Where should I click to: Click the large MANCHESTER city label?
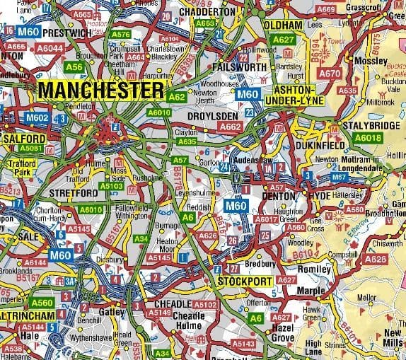[100, 91]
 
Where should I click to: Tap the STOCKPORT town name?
[245, 281]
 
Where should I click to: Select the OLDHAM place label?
[283, 25]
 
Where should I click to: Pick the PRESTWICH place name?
[68, 33]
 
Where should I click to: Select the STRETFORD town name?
[73, 192]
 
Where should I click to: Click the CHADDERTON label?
[207, 12]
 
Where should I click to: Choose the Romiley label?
[315, 269]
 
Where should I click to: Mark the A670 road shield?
[330, 73]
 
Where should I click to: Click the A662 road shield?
[231, 127]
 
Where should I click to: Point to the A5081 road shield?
[31, 149]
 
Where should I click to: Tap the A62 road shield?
[178, 97]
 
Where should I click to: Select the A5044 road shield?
[50, 48]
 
